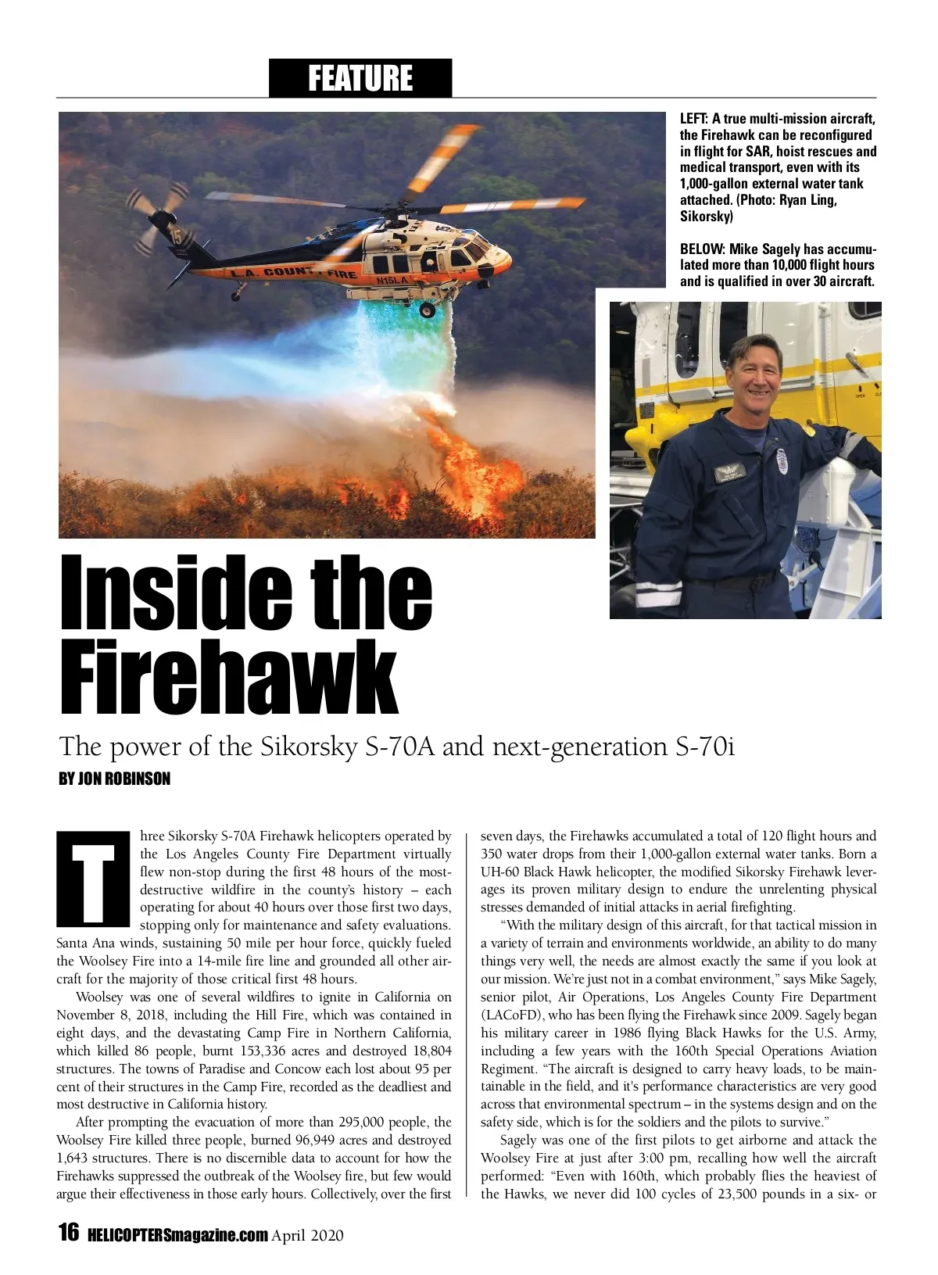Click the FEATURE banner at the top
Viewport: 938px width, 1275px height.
[360, 78]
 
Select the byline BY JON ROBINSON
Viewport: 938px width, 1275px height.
[114, 779]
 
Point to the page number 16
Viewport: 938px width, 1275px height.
[69, 1233]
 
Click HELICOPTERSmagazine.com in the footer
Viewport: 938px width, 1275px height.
[177, 1235]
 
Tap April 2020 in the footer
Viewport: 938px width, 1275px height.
[307, 1235]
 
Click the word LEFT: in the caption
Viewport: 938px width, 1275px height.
[694, 119]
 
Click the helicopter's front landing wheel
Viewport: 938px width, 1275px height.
[428, 310]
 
